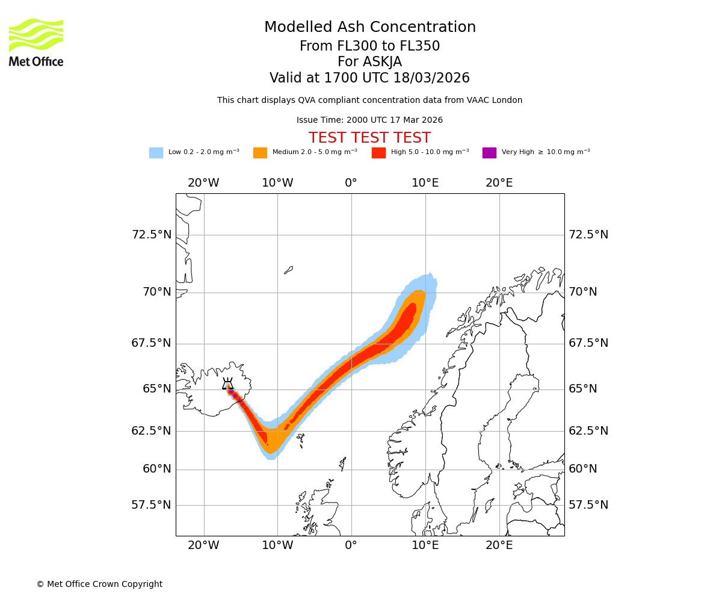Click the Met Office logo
click(x=36, y=43)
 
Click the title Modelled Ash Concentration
click(x=369, y=28)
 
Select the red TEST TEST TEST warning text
click(x=369, y=138)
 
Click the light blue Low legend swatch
click(x=156, y=153)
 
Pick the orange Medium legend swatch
click(x=260, y=153)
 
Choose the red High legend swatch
click(x=378, y=153)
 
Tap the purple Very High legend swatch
click(x=489, y=153)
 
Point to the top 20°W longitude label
click(x=203, y=183)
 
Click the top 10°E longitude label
click(x=425, y=183)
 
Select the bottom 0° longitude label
click(x=351, y=546)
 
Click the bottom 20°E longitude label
click(x=499, y=546)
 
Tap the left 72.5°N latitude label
click(x=151, y=235)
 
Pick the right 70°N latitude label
click(x=583, y=292)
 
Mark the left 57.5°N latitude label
click(x=151, y=505)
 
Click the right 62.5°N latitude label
click(x=588, y=431)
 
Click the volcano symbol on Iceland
click(x=227, y=384)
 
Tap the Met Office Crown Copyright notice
click(x=99, y=584)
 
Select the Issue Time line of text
click(x=369, y=120)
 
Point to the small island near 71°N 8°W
click(x=289, y=270)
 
